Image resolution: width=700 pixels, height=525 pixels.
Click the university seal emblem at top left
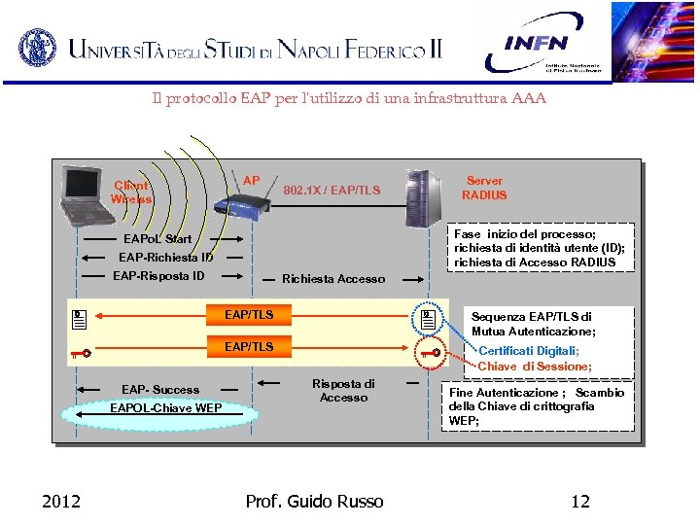(37, 47)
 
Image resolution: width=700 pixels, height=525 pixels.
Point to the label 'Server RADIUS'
(484, 188)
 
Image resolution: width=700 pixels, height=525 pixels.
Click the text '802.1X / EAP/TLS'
(331, 191)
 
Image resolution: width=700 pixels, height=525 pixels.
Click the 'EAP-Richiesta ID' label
(166, 258)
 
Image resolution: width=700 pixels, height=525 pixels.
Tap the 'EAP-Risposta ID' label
(158, 276)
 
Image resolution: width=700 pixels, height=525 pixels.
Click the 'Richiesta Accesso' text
(333, 279)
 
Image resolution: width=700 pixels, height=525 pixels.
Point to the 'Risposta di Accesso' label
(343, 390)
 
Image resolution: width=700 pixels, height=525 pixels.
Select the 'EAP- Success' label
(160, 390)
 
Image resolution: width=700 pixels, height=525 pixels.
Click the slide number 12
(580, 502)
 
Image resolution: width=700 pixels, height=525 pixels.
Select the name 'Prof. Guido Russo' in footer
(314, 502)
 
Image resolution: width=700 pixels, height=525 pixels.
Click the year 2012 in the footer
(61, 502)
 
